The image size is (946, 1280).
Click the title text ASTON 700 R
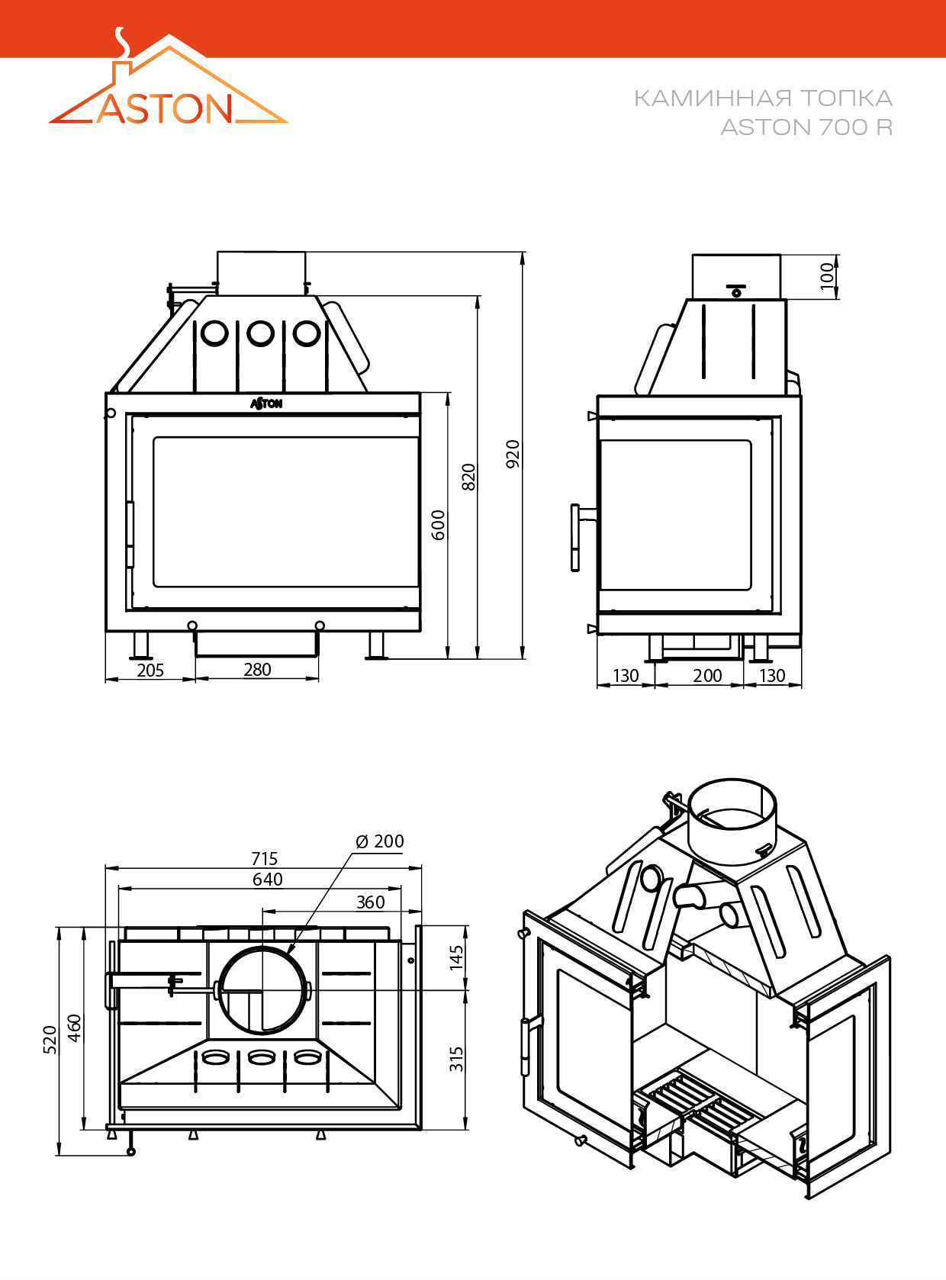tap(806, 127)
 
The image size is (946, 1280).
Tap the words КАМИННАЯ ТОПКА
tap(763, 98)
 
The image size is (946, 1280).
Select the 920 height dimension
tap(513, 454)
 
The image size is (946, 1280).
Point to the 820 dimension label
tap(468, 477)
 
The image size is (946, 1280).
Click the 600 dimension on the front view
tap(438, 525)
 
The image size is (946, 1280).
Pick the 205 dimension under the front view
tap(150, 670)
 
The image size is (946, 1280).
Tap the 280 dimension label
tap(257, 669)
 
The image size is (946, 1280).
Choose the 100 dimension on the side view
tap(827, 276)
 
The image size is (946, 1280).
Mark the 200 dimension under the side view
tap(707, 675)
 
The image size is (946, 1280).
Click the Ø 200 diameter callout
tap(380, 841)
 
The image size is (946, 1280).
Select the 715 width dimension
tap(265, 859)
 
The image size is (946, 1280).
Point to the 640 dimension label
tap(268, 880)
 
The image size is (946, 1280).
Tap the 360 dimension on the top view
tap(371, 902)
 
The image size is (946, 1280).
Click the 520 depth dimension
tap(50, 1040)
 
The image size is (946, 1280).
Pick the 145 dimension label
tap(456, 957)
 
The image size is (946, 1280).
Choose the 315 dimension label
tap(456, 1059)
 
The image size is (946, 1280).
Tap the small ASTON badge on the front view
tap(266, 403)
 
